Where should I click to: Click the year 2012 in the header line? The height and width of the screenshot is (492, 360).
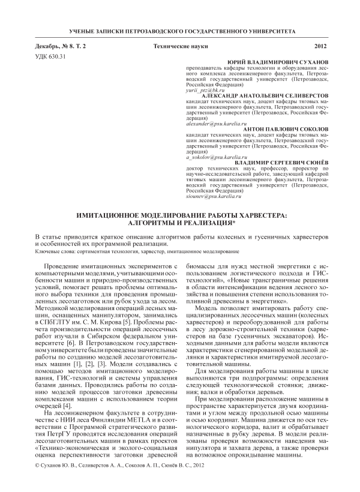pyautogui.click(x=320, y=46)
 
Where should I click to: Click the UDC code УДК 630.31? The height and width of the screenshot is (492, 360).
pyautogui.click(x=50, y=57)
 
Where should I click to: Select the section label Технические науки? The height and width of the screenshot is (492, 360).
pyautogui.click(x=181, y=46)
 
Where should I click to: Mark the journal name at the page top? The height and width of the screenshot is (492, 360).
pyautogui.click(x=180, y=29)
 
